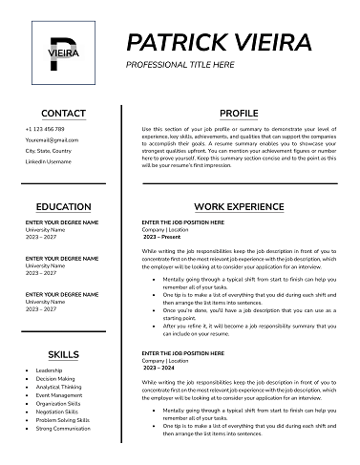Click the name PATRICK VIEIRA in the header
219,42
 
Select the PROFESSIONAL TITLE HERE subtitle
180,64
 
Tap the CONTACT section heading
63,113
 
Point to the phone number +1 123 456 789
45,129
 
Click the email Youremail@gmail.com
52,140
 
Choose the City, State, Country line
49,151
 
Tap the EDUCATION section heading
63,206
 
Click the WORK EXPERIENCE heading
238,206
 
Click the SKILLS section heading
63,354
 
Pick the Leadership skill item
49,370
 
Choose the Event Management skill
59,395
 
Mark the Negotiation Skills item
57,412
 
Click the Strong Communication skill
63,429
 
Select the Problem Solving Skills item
62,420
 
